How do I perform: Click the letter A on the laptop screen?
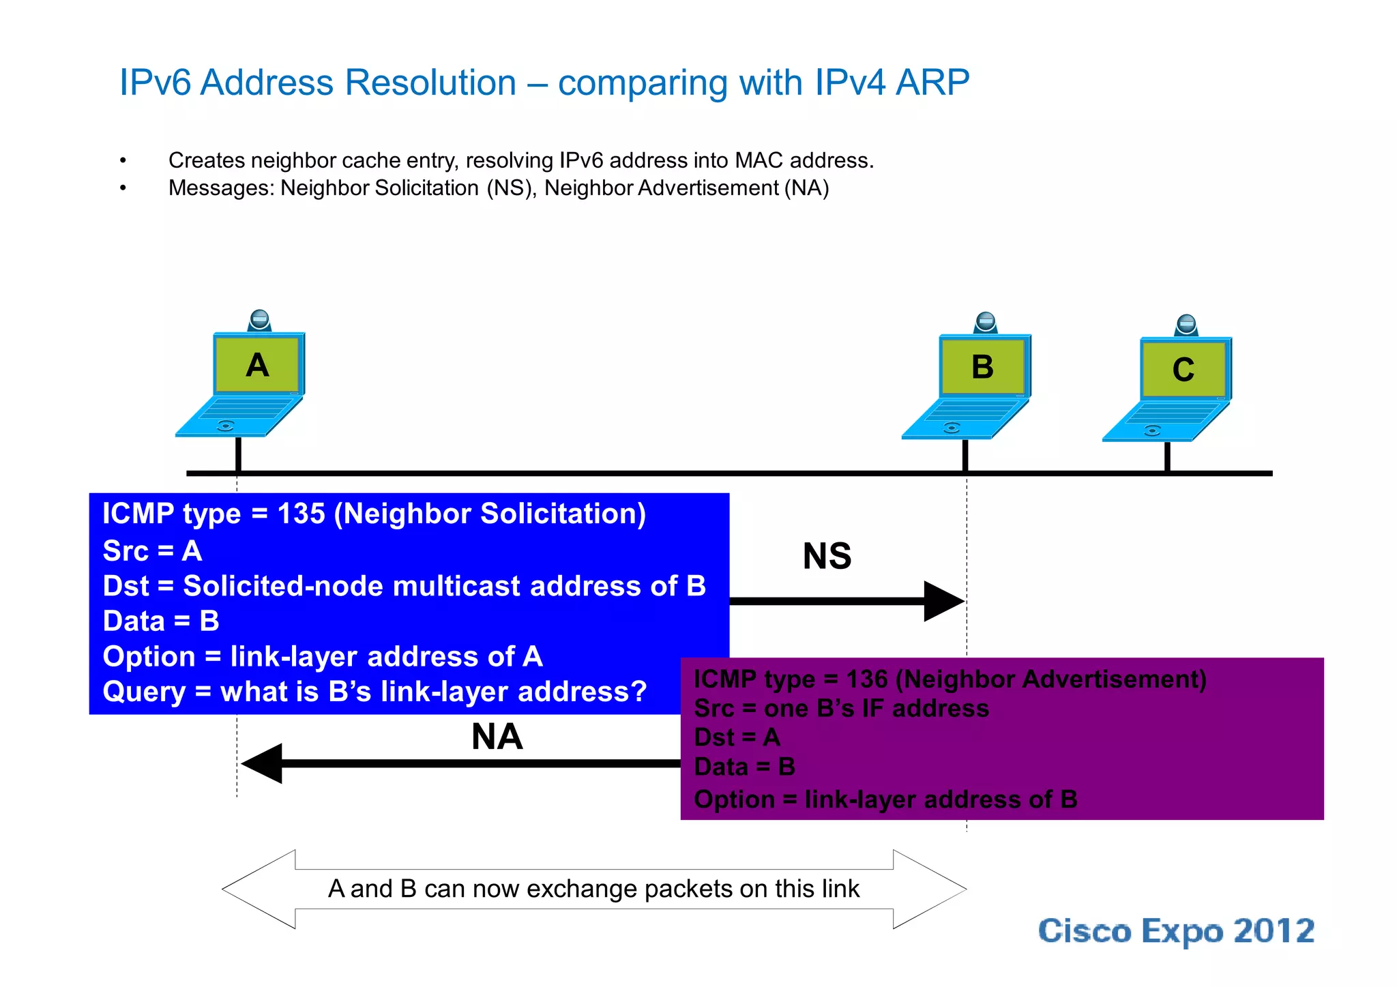tap(257, 366)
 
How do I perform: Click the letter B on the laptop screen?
tap(982, 368)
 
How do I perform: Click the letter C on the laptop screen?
tap(1183, 370)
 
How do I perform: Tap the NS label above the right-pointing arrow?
tap(827, 556)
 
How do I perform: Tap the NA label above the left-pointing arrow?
tap(497, 737)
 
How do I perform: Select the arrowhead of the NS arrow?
tap(943, 601)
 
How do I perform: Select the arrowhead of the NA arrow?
tap(263, 763)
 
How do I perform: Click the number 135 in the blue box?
tap(301, 514)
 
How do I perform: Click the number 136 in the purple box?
tap(866, 679)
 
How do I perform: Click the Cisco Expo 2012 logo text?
tap(1176, 932)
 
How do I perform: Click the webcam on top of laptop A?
tap(259, 320)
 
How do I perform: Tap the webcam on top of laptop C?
tap(1186, 325)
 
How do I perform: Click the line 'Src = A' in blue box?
tap(152, 551)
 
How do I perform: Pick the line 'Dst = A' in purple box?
tap(737, 738)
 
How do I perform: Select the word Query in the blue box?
tap(144, 692)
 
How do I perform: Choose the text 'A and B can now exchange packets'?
tap(593, 889)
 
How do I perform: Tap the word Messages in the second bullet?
tap(222, 188)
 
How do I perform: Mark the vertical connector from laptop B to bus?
tap(965, 455)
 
